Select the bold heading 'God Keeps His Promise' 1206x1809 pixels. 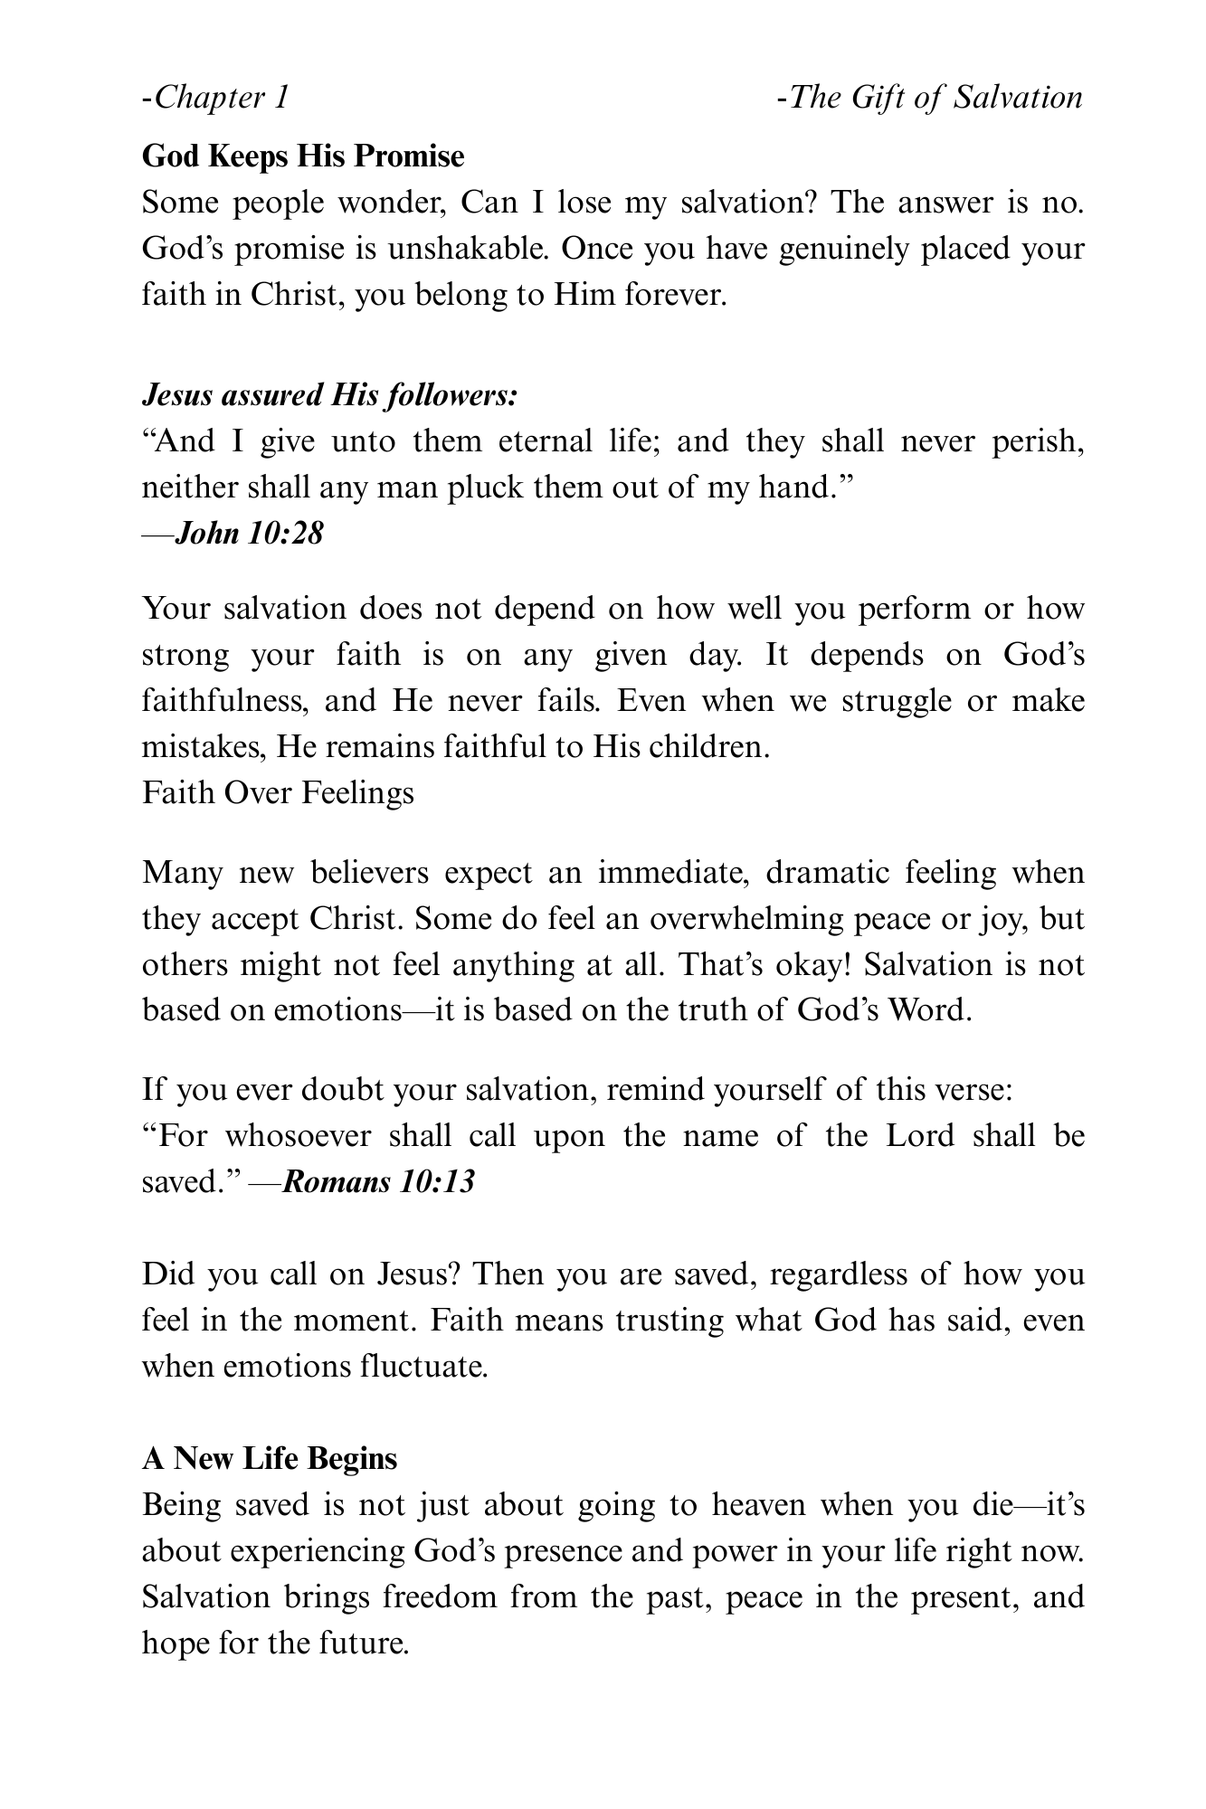coord(303,156)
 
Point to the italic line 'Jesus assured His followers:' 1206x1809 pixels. coord(329,395)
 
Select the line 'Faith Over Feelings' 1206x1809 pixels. coord(278,792)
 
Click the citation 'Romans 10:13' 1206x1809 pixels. coord(378,1181)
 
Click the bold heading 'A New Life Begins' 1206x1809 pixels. coord(270,1458)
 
